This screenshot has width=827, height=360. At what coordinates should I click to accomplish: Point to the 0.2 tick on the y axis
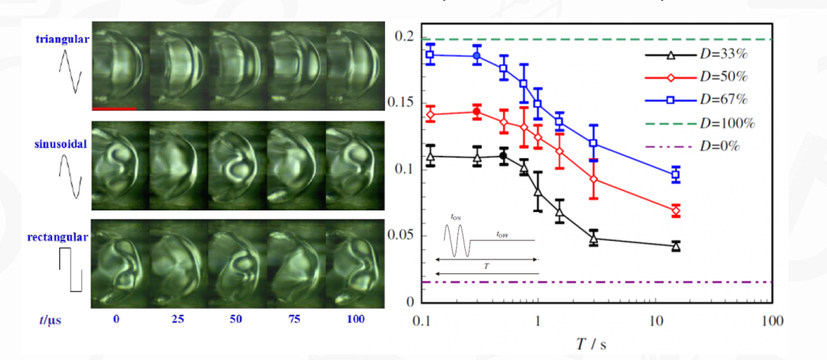(x=404, y=37)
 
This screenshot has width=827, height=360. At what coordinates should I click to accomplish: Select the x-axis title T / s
(x=591, y=342)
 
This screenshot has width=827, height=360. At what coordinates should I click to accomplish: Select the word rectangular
(x=61, y=237)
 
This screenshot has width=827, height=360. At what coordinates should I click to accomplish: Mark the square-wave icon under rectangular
(x=70, y=269)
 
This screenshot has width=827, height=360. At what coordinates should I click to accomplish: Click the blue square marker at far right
(x=675, y=175)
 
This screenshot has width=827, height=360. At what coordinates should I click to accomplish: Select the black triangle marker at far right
(x=675, y=246)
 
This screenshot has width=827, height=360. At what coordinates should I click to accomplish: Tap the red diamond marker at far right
(x=675, y=210)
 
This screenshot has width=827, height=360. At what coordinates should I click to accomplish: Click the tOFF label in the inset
(x=503, y=232)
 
